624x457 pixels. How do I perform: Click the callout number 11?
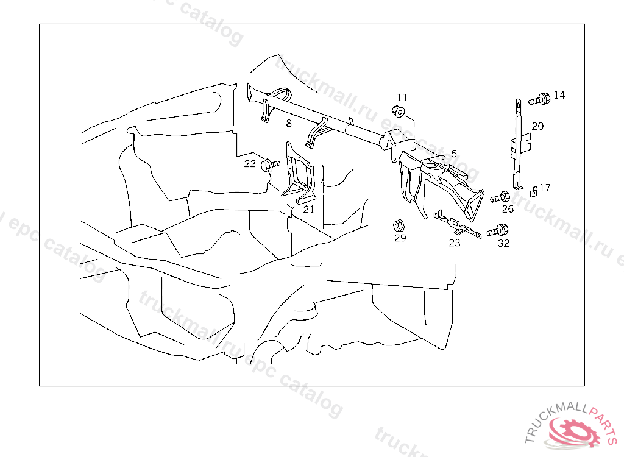pos(402,97)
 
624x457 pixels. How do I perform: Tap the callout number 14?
pos(559,95)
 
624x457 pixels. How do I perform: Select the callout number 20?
pos(537,126)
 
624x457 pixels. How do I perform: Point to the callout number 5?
pos(454,154)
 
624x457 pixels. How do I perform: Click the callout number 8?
pos(288,123)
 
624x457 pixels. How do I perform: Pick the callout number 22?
pos(250,163)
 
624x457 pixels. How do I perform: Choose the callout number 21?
pos(308,210)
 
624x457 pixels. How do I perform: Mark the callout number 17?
pos(545,188)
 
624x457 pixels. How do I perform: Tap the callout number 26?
pos(508,210)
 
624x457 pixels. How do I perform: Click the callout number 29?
pos(400,238)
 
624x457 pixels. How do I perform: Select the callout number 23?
pos(455,243)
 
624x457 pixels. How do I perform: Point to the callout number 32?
pos(503,244)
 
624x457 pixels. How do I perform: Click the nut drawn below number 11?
pos(399,112)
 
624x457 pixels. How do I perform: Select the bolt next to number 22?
pos(269,165)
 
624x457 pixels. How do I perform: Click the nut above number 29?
pos(399,224)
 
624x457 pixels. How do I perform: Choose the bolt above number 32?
pos(497,231)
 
